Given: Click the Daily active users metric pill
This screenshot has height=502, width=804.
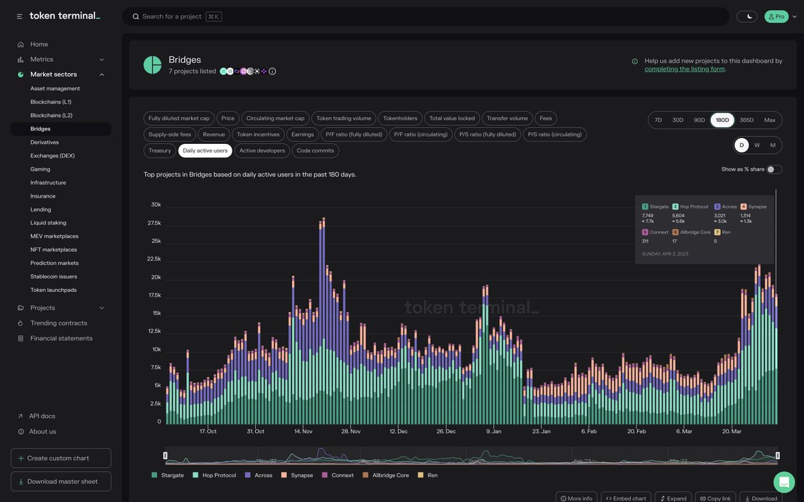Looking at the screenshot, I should tap(205, 151).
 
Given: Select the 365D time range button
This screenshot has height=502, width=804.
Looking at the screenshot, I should tap(746, 120).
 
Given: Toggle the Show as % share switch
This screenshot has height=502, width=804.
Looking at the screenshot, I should tap(774, 169).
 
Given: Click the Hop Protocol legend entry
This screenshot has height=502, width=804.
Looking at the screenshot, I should tap(214, 475).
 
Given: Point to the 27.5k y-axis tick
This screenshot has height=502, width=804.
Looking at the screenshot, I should tap(154, 223).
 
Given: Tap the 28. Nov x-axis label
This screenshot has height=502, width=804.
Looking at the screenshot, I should tap(350, 432).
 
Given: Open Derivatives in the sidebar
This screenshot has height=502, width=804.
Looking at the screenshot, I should tap(44, 143).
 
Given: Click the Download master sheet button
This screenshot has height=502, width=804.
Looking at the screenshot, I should tap(61, 481).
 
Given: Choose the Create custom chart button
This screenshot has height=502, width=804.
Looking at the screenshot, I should tap(61, 458).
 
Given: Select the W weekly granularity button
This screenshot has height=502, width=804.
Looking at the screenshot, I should tap(757, 145).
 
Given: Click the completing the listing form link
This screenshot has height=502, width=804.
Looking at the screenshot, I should tap(684, 69).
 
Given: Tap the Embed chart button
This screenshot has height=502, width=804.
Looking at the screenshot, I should tap(626, 498).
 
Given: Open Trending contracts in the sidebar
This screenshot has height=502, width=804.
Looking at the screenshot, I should tap(58, 323).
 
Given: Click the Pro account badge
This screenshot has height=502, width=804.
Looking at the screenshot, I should tap(776, 17).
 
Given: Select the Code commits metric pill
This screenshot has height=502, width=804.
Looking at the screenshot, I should tap(316, 151).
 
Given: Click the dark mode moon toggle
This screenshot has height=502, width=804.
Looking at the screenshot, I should tap(746, 17).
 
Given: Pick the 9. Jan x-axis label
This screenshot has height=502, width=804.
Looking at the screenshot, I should tap(493, 432).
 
